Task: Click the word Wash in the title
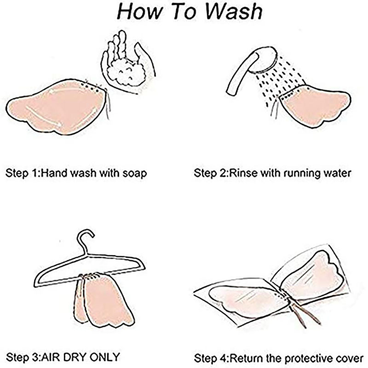pyautogui.click(x=234, y=11)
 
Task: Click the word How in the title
pyautogui.click(x=139, y=11)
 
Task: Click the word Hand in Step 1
pyautogui.click(x=56, y=173)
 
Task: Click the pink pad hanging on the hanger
pyautogui.click(x=103, y=300)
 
